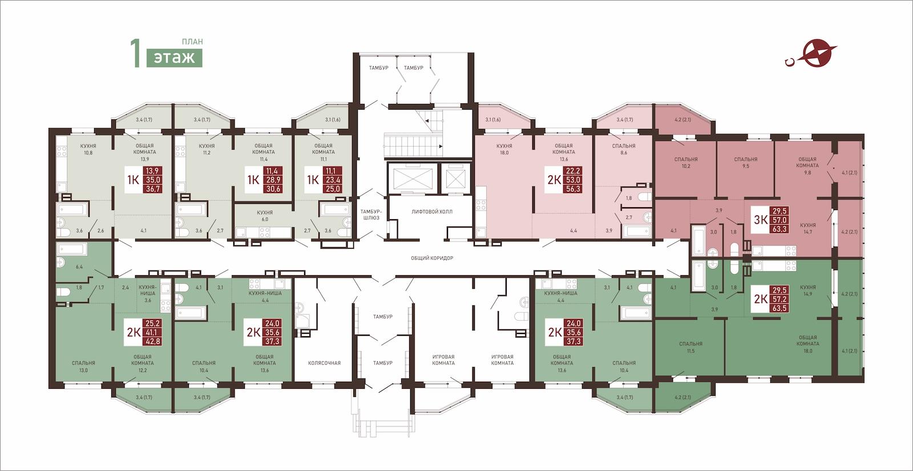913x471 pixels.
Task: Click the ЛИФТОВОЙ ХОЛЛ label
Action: point(431,212)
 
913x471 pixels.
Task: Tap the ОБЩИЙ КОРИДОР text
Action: point(431,258)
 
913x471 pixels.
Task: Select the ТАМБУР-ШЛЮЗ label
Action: point(370,215)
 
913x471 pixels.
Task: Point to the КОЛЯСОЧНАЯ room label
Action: point(324,363)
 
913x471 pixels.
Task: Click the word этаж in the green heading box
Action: point(174,58)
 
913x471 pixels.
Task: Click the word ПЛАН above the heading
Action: point(192,42)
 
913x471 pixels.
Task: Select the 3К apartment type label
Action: point(761,220)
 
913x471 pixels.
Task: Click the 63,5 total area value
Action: point(779,308)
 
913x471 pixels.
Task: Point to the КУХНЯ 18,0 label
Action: point(504,149)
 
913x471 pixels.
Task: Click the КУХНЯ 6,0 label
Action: point(265,216)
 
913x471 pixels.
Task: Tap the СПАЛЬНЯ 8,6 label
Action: point(624,149)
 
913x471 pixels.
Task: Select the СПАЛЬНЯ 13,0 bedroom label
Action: point(83,367)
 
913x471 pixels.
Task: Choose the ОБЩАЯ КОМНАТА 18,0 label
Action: point(807,344)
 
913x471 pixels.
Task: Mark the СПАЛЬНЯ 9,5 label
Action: point(745,163)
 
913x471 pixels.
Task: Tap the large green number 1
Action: point(135,53)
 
